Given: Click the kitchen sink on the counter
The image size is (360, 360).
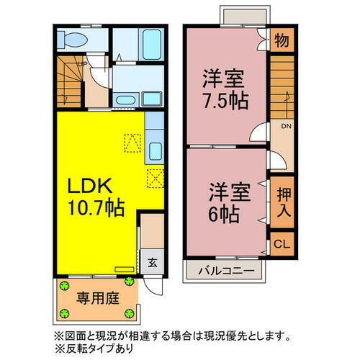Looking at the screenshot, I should click(x=154, y=150).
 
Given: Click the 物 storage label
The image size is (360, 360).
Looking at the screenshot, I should click(x=282, y=41).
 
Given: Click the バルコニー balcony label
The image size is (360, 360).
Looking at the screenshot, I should click(x=226, y=271).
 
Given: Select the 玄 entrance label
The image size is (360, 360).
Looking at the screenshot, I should click(x=153, y=263).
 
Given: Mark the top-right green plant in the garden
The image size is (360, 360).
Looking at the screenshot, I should click(x=130, y=282).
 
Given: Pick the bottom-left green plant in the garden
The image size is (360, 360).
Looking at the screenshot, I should click(x=63, y=312).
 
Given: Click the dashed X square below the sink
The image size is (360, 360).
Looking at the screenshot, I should click(x=155, y=177).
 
